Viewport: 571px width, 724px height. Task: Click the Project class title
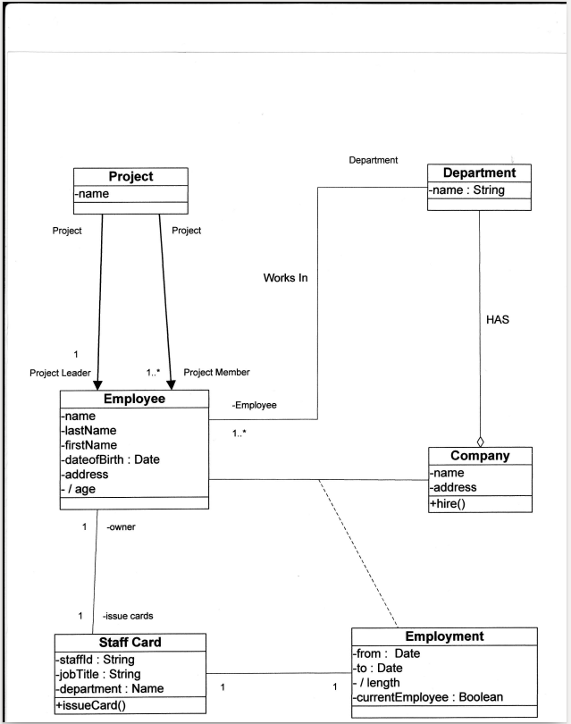pyautogui.click(x=130, y=177)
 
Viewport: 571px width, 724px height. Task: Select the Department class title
pyautogui.click(x=479, y=173)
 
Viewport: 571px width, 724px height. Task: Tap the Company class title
pyautogui.click(x=480, y=456)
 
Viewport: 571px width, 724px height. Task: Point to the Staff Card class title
pyautogui.click(x=130, y=643)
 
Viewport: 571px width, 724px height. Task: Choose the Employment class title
pyautogui.click(x=444, y=636)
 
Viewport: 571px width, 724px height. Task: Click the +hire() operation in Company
pyautogui.click(x=449, y=503)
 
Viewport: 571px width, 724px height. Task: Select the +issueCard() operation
pyautogui.click(x=90, y=704)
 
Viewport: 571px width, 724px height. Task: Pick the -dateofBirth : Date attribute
pyautogui.click(x=109, y=459)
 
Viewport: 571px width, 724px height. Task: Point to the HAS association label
pyautogui.click(x=498, y=319)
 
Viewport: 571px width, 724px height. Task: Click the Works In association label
pyautogui.click(x=285, y=278)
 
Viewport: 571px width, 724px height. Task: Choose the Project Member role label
pyautogui.click(x=216, y=372)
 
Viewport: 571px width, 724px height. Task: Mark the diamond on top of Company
pyautogui.click(x=480, y=441)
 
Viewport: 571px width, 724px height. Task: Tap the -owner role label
pyautogui.click(x=121, y=526)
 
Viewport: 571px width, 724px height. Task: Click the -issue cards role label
pyautogui.click(x=127, y=616)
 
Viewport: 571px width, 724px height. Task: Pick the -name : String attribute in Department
pyautogui.click(x=466, y=190)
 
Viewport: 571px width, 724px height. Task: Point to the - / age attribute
pyautogui.click(x=81, y=489)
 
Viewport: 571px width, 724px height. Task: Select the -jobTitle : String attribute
pyautogui.click(x=97, y=674)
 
